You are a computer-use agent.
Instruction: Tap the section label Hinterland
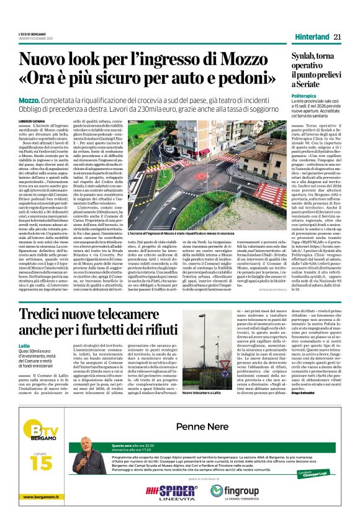tap(311, 37)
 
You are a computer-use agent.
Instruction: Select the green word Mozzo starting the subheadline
tap(28, 100)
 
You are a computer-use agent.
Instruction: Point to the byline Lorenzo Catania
tap(32, 121)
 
